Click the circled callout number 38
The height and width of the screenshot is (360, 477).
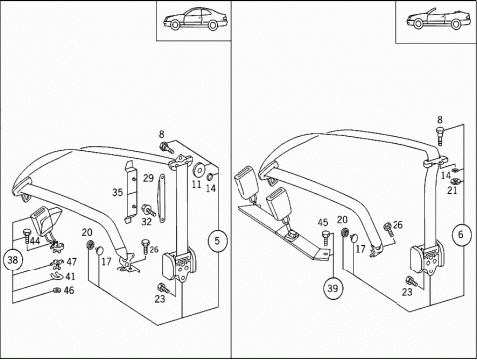tap(13, 259)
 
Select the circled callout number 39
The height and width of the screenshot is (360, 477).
tap(333, 288)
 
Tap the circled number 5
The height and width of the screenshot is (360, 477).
tap(217, 240)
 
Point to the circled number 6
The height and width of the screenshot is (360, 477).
tap(462, 235)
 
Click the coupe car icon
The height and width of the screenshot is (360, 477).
tap(195, 19)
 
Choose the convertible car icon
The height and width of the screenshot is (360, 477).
tap(438, 20)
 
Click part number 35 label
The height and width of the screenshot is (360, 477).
tap(117, 192)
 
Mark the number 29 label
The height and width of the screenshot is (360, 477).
tap(148, 178)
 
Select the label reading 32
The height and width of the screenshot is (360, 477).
tap(146, 221)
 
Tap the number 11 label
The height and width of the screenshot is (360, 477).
tap(197, 184)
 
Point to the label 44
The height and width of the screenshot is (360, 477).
tap(35, 241)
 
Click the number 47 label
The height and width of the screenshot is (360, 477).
tap(71, 262)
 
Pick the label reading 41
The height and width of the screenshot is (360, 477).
tap(70, 276)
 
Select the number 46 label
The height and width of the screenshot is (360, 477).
tap(69, 291)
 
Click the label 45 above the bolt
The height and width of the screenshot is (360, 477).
tap(323, 223)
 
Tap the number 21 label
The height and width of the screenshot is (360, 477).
tap(452, 190)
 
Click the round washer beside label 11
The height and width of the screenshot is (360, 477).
tap(199, 170)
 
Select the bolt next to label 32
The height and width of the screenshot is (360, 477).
tap(148, 210)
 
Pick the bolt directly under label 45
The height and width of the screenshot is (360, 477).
tap(326, 238)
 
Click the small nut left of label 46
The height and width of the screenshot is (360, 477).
tap(57, 291)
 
